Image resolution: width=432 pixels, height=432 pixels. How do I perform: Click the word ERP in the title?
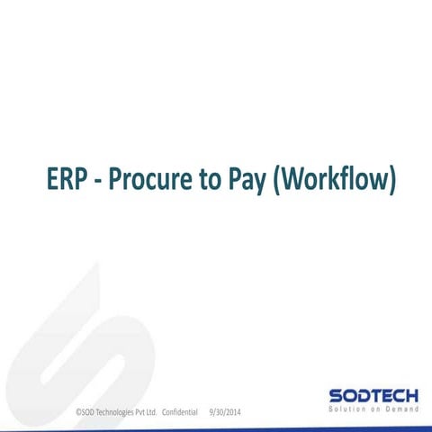point(68,179)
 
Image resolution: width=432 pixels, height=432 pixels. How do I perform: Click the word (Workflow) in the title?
point(334,180)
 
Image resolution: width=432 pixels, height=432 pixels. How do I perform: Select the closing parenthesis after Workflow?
point(392,180)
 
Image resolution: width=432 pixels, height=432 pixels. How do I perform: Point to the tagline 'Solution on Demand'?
point(373,409)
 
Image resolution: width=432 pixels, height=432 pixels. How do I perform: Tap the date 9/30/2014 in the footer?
point(224,412)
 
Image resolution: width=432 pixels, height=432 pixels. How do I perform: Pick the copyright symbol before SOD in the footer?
point(77,412)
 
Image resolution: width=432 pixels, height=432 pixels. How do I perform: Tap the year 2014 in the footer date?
point(232,412)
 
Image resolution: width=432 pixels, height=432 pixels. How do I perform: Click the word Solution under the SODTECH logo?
point(346,409)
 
